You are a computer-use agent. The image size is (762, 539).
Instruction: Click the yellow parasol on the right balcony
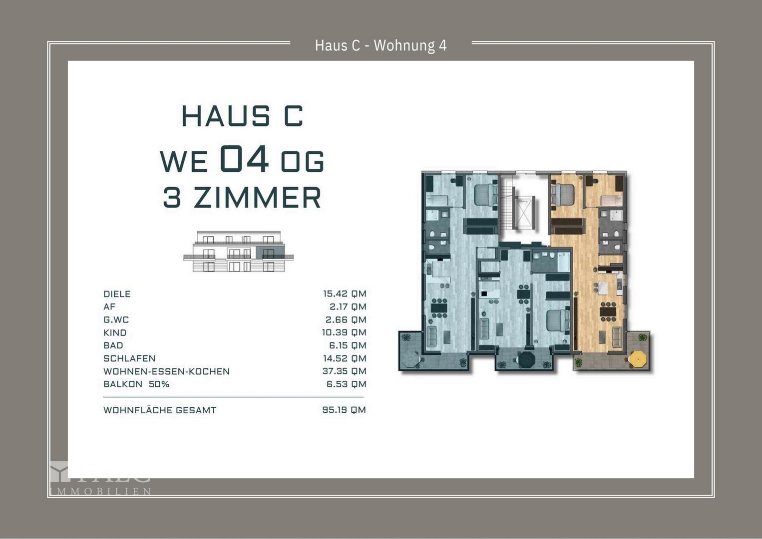point(638,358)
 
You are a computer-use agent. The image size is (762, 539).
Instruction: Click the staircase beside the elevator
point(508,205)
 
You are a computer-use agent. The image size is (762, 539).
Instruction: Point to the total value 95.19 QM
point(344,410)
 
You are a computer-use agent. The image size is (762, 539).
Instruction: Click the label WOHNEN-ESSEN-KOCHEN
point(166,371)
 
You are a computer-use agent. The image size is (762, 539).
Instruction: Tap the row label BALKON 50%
point(136,384)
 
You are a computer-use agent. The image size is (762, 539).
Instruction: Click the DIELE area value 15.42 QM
point(344,294)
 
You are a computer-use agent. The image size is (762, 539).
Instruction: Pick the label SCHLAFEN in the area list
point(129,358)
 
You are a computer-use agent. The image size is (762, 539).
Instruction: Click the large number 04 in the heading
point(244,159)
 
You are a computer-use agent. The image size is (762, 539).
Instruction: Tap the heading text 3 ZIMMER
point(242,198)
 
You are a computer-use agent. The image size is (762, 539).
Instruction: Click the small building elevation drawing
point(239,252)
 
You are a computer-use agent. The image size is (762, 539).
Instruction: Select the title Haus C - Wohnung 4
point(381,45)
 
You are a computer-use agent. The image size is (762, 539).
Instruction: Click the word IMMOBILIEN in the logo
point(100,492)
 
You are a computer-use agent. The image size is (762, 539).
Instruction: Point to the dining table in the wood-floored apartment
point(608,311)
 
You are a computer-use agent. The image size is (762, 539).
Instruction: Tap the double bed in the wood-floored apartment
point(562,193)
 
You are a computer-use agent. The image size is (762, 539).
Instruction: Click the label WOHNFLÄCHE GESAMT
point(160,410)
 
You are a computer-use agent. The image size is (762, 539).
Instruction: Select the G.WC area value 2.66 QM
point(346,320)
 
